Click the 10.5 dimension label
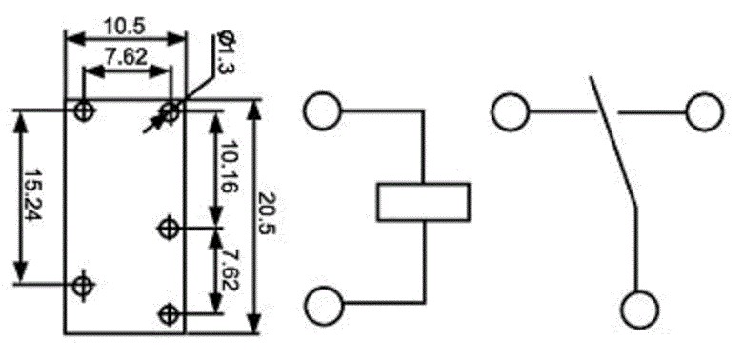click(124, 27)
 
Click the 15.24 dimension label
click(33, 195)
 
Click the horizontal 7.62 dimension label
click(126, 57)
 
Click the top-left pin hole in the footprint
click(85, 111)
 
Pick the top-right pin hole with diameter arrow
click(171, 111)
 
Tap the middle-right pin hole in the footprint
click(168, 229)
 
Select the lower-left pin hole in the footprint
click(84, 285)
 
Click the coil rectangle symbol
click(423, 202)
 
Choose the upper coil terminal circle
click(322, 110)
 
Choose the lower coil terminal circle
click(324, 306)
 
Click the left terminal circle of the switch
click(510, 112)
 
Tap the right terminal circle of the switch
click(705, 112)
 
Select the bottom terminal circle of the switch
click(640, 310)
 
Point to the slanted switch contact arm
click(612, 141)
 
